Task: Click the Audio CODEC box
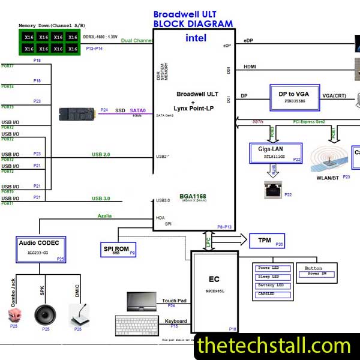pyautogui.click(x=41, y=249)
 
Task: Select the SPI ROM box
pyautogui.click(x=119, y=249)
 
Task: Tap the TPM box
pyautogui.click(x=264, y=241)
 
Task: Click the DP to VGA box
pyautogui.click(x=294, y=97)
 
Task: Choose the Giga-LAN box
pyautogui.click(x=275, y=153)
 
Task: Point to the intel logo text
pyautogui.click(x=196, y=38)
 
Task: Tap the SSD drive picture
pyautogui.click(x=78, y=113)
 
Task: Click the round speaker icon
pyautogui.click(x=46, y=314)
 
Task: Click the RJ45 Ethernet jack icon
pyautogui.click(x=272, y=191)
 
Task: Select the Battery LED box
pyautogui.click(x=272, y=285)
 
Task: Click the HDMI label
pyautogui.click(x=250, y=67)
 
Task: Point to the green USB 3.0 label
pyautogui.click(x=101, y=199)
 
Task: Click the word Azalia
pyautogui.click(x=104, y=216)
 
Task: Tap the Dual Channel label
pyautogui.click(x=137, y=41)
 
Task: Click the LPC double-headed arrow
pyautogui.click(x=208, y=241)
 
